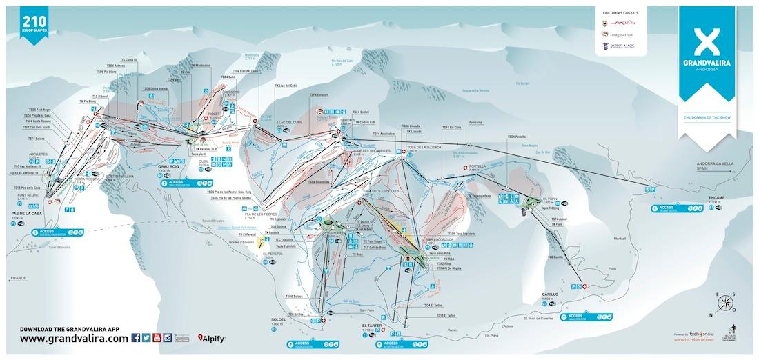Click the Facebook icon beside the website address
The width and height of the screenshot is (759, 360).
[135, 338]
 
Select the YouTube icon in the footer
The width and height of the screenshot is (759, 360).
[157, 338]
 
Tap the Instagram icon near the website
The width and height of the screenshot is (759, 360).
[168, 338]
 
